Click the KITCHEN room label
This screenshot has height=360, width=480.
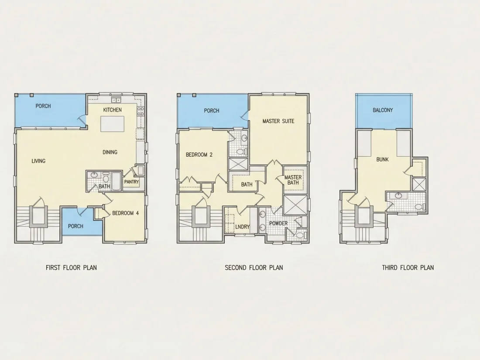[x=112, y=110]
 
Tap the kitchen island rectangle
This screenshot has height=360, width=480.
[x=112, y=123]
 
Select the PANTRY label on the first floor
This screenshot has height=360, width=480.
[x=132, y=182]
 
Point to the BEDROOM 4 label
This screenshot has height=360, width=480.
[x=126, y=213]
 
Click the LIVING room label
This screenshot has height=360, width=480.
[x=38, y=161]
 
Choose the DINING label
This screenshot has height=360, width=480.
[x=110, y=152]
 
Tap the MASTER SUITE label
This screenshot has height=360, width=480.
[x=278, y=121]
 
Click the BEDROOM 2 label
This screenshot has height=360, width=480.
[x=199, y=155]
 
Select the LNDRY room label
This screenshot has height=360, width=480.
[x=243, y=227]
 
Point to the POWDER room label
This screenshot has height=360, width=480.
[x=278, y=223]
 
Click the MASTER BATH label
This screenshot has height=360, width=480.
[x=293, y=180]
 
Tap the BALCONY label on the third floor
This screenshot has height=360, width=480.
[x=383, y=110]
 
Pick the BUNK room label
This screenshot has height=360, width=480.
[x=382, y=159]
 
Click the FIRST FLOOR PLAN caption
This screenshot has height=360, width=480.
[x=71, y=267]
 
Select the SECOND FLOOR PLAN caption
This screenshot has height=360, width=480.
[x=254, y=267]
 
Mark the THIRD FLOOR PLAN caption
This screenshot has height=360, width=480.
[x=408, y=267]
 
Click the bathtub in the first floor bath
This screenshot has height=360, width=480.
[x=117, y=181]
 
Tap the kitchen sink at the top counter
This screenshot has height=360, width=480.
[x=116, y=100]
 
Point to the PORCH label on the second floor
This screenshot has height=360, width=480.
[x=212, y=110]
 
